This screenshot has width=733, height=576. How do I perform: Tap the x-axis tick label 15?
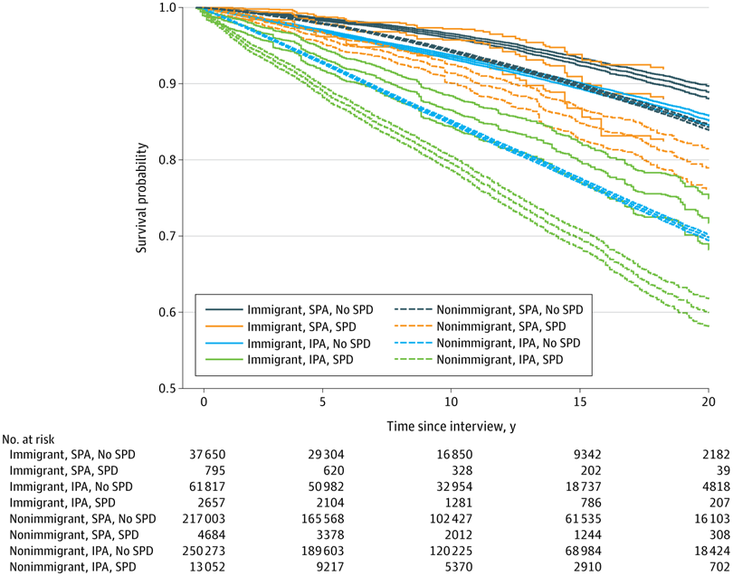[581, 401]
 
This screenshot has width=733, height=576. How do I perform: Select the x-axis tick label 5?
[329, 401]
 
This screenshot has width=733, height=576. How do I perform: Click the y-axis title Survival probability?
[143, 198]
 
